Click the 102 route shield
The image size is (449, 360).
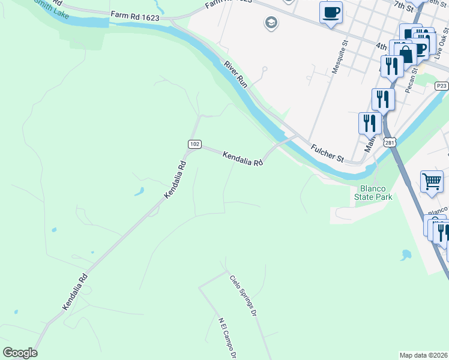point(194,143)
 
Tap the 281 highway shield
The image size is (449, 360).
point(391,143)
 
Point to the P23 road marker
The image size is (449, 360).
point(442,86)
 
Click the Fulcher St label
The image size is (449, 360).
point(327,153)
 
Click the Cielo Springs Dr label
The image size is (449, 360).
point(243,296)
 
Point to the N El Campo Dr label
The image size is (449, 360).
point(228,338)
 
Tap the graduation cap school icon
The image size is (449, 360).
point(271,23)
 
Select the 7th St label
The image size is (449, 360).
point(404,7)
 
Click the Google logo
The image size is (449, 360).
point(20,353)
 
